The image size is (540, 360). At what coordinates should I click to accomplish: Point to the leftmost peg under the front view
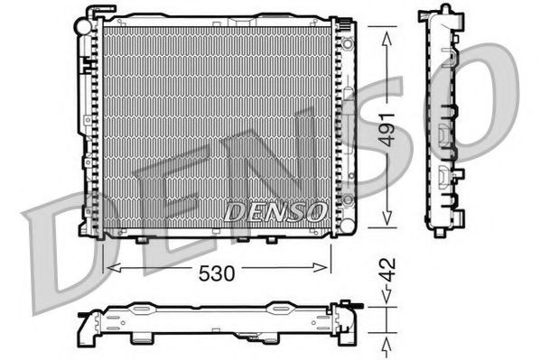click(x=142, y=240)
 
